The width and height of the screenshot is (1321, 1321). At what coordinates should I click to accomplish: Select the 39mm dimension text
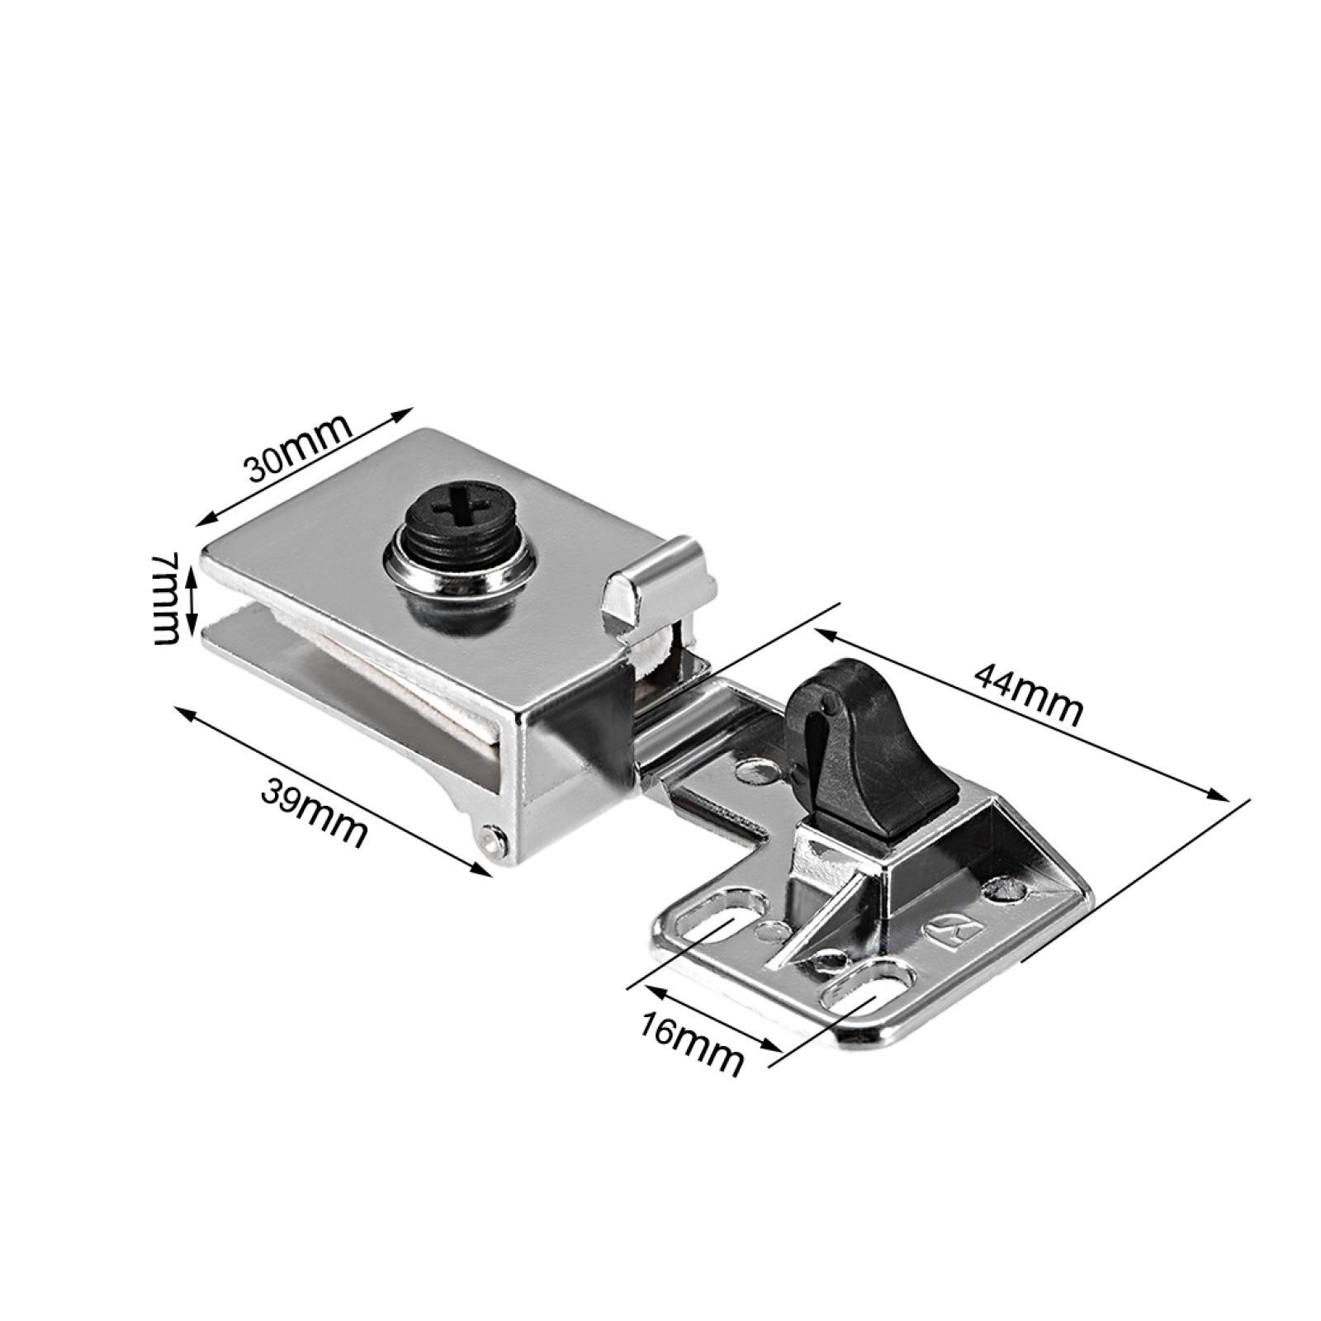click(x=314, y=792)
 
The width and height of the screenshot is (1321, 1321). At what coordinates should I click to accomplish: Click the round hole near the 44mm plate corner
click(x=1006, y=888)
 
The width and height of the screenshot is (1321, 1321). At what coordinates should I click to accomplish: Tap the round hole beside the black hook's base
click(x=757, y=772)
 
